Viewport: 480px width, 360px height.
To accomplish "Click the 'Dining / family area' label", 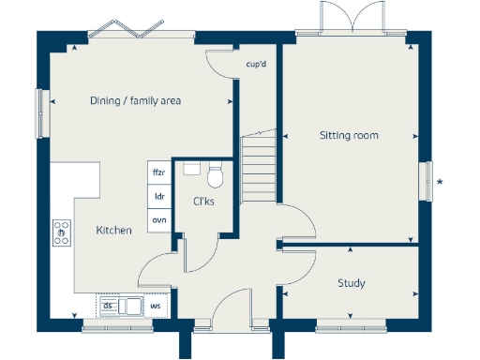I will [135, 101].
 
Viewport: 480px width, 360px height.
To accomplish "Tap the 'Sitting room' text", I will [349, 136].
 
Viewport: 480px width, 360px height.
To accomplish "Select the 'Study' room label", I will [351, 283].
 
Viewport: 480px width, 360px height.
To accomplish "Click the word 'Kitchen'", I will [114, 230].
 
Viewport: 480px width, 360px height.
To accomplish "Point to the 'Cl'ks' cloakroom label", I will [204, 201].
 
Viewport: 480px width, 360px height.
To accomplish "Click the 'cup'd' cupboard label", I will [256, 65].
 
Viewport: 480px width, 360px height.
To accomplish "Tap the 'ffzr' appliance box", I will [159, 172].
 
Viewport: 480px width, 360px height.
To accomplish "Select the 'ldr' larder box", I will [159, 197].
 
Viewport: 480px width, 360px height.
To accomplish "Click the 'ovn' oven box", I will [159, 219].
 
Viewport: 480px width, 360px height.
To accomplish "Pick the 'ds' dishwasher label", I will [108, 306].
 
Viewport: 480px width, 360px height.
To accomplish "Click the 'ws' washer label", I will [156, 306].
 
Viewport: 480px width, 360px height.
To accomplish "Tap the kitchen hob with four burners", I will [62, 232].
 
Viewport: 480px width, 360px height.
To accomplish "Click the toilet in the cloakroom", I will [215, 175].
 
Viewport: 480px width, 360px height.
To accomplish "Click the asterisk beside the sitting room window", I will [441, 180].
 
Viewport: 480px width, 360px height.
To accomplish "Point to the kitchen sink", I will [130, 306].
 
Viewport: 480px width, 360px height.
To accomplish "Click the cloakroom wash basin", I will [191, 169].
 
